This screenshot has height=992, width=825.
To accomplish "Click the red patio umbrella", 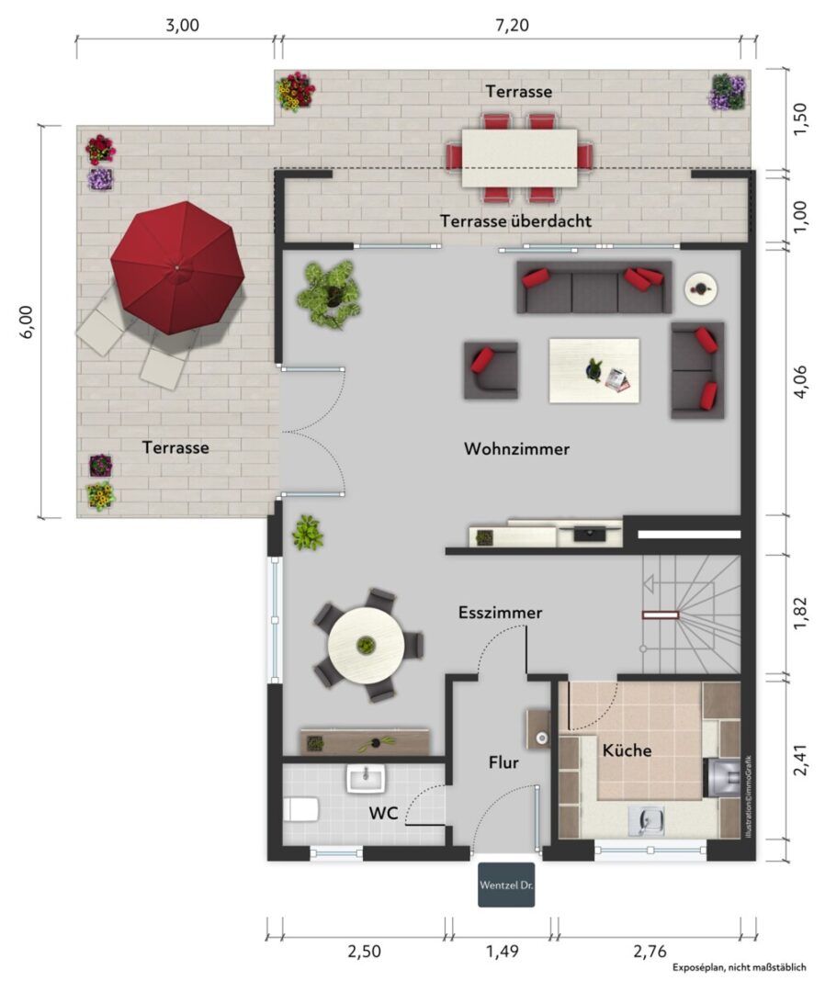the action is (x=177, y=267).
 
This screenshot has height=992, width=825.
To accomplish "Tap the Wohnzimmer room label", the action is (x=517, y=448).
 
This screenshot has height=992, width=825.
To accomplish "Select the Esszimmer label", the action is (x=501, y=613).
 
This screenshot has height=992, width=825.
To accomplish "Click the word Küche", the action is (x=627, y=750).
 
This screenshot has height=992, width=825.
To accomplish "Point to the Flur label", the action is (x=503, y=762).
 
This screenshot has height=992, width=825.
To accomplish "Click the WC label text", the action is (x=383, y=813).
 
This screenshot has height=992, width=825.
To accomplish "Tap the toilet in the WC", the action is (x=300, y=809).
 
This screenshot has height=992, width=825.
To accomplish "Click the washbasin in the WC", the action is (x=366, y=778).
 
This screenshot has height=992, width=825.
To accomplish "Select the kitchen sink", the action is (x=646, y=820).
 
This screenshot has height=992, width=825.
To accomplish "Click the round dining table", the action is (x=366, y=645).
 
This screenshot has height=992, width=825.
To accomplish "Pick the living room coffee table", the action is (x=594, y=370).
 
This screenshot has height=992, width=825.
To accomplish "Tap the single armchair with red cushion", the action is (x=491, y=371).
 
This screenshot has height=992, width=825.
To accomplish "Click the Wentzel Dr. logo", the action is (x=506, y=885).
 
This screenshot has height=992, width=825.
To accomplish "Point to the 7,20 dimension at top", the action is (x=512, y=26).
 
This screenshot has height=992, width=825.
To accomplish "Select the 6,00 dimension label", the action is (x=27, y=322).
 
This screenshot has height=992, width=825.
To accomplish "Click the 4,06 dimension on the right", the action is (x=800, y=381).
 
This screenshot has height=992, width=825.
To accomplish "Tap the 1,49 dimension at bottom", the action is (x=503, y=951).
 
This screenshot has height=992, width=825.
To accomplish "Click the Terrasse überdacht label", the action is (x=515, y=221).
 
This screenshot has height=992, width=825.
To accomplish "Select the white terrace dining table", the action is (x=519, y=158).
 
